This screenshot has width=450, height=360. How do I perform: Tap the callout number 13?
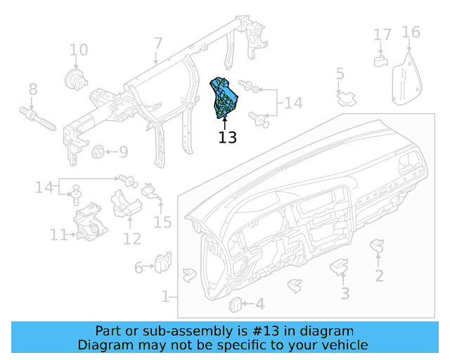coord(227,137)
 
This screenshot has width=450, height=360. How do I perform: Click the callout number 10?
coord(79,50)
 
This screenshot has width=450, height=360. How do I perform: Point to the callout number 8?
coord(32,89)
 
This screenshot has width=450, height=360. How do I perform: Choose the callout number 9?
coord(123,151)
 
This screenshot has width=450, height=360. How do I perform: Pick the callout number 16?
coord(411,32)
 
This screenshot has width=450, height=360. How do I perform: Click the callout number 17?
coord(382,34)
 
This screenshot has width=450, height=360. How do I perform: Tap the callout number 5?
coord(340,75)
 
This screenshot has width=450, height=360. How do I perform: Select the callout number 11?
coord(58,235)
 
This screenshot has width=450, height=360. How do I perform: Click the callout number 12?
coord(132,239)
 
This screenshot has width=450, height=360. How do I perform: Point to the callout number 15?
coord(162,223)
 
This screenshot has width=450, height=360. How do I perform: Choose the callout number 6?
coord(139,267)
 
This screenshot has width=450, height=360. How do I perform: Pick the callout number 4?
coord(259,304)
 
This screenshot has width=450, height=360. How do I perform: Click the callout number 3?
coord(345,293)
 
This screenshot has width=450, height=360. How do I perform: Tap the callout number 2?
coord(379,276)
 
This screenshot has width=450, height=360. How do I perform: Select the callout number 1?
coord(165,297)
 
